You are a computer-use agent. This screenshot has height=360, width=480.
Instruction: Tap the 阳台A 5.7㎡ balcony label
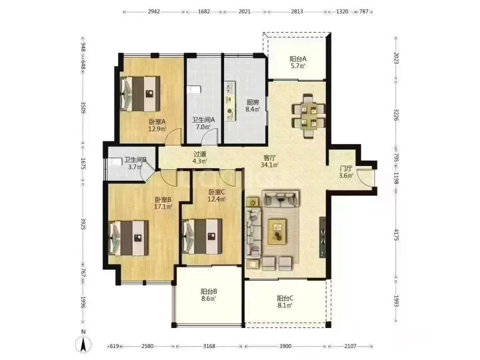[x=298, y=62]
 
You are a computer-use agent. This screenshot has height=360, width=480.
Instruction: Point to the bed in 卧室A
[x=140, y=94]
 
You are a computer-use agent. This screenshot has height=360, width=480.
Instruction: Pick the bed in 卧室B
[x=128, y=238]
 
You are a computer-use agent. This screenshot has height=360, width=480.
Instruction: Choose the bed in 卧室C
[x=202, y=236]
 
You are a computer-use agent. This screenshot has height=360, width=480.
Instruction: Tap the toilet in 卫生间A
[x=194, y=89]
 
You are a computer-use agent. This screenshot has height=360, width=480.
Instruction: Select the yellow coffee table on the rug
[x=277, y=232]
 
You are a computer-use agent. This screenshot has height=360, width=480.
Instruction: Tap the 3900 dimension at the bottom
[x=285, y=346]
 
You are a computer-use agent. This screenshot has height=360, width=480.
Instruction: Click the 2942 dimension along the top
[x=154, y=11]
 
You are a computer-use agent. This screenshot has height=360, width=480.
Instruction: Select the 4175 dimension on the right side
[x=396, y=234]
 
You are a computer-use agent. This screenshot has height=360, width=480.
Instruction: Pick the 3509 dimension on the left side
[x=83, y=107]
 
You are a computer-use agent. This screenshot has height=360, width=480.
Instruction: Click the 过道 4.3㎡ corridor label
[x=200, y=157]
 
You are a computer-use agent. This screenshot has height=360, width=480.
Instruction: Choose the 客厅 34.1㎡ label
[x=270, y=161]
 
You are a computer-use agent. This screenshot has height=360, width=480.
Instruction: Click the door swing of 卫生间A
[x=209, y=137]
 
